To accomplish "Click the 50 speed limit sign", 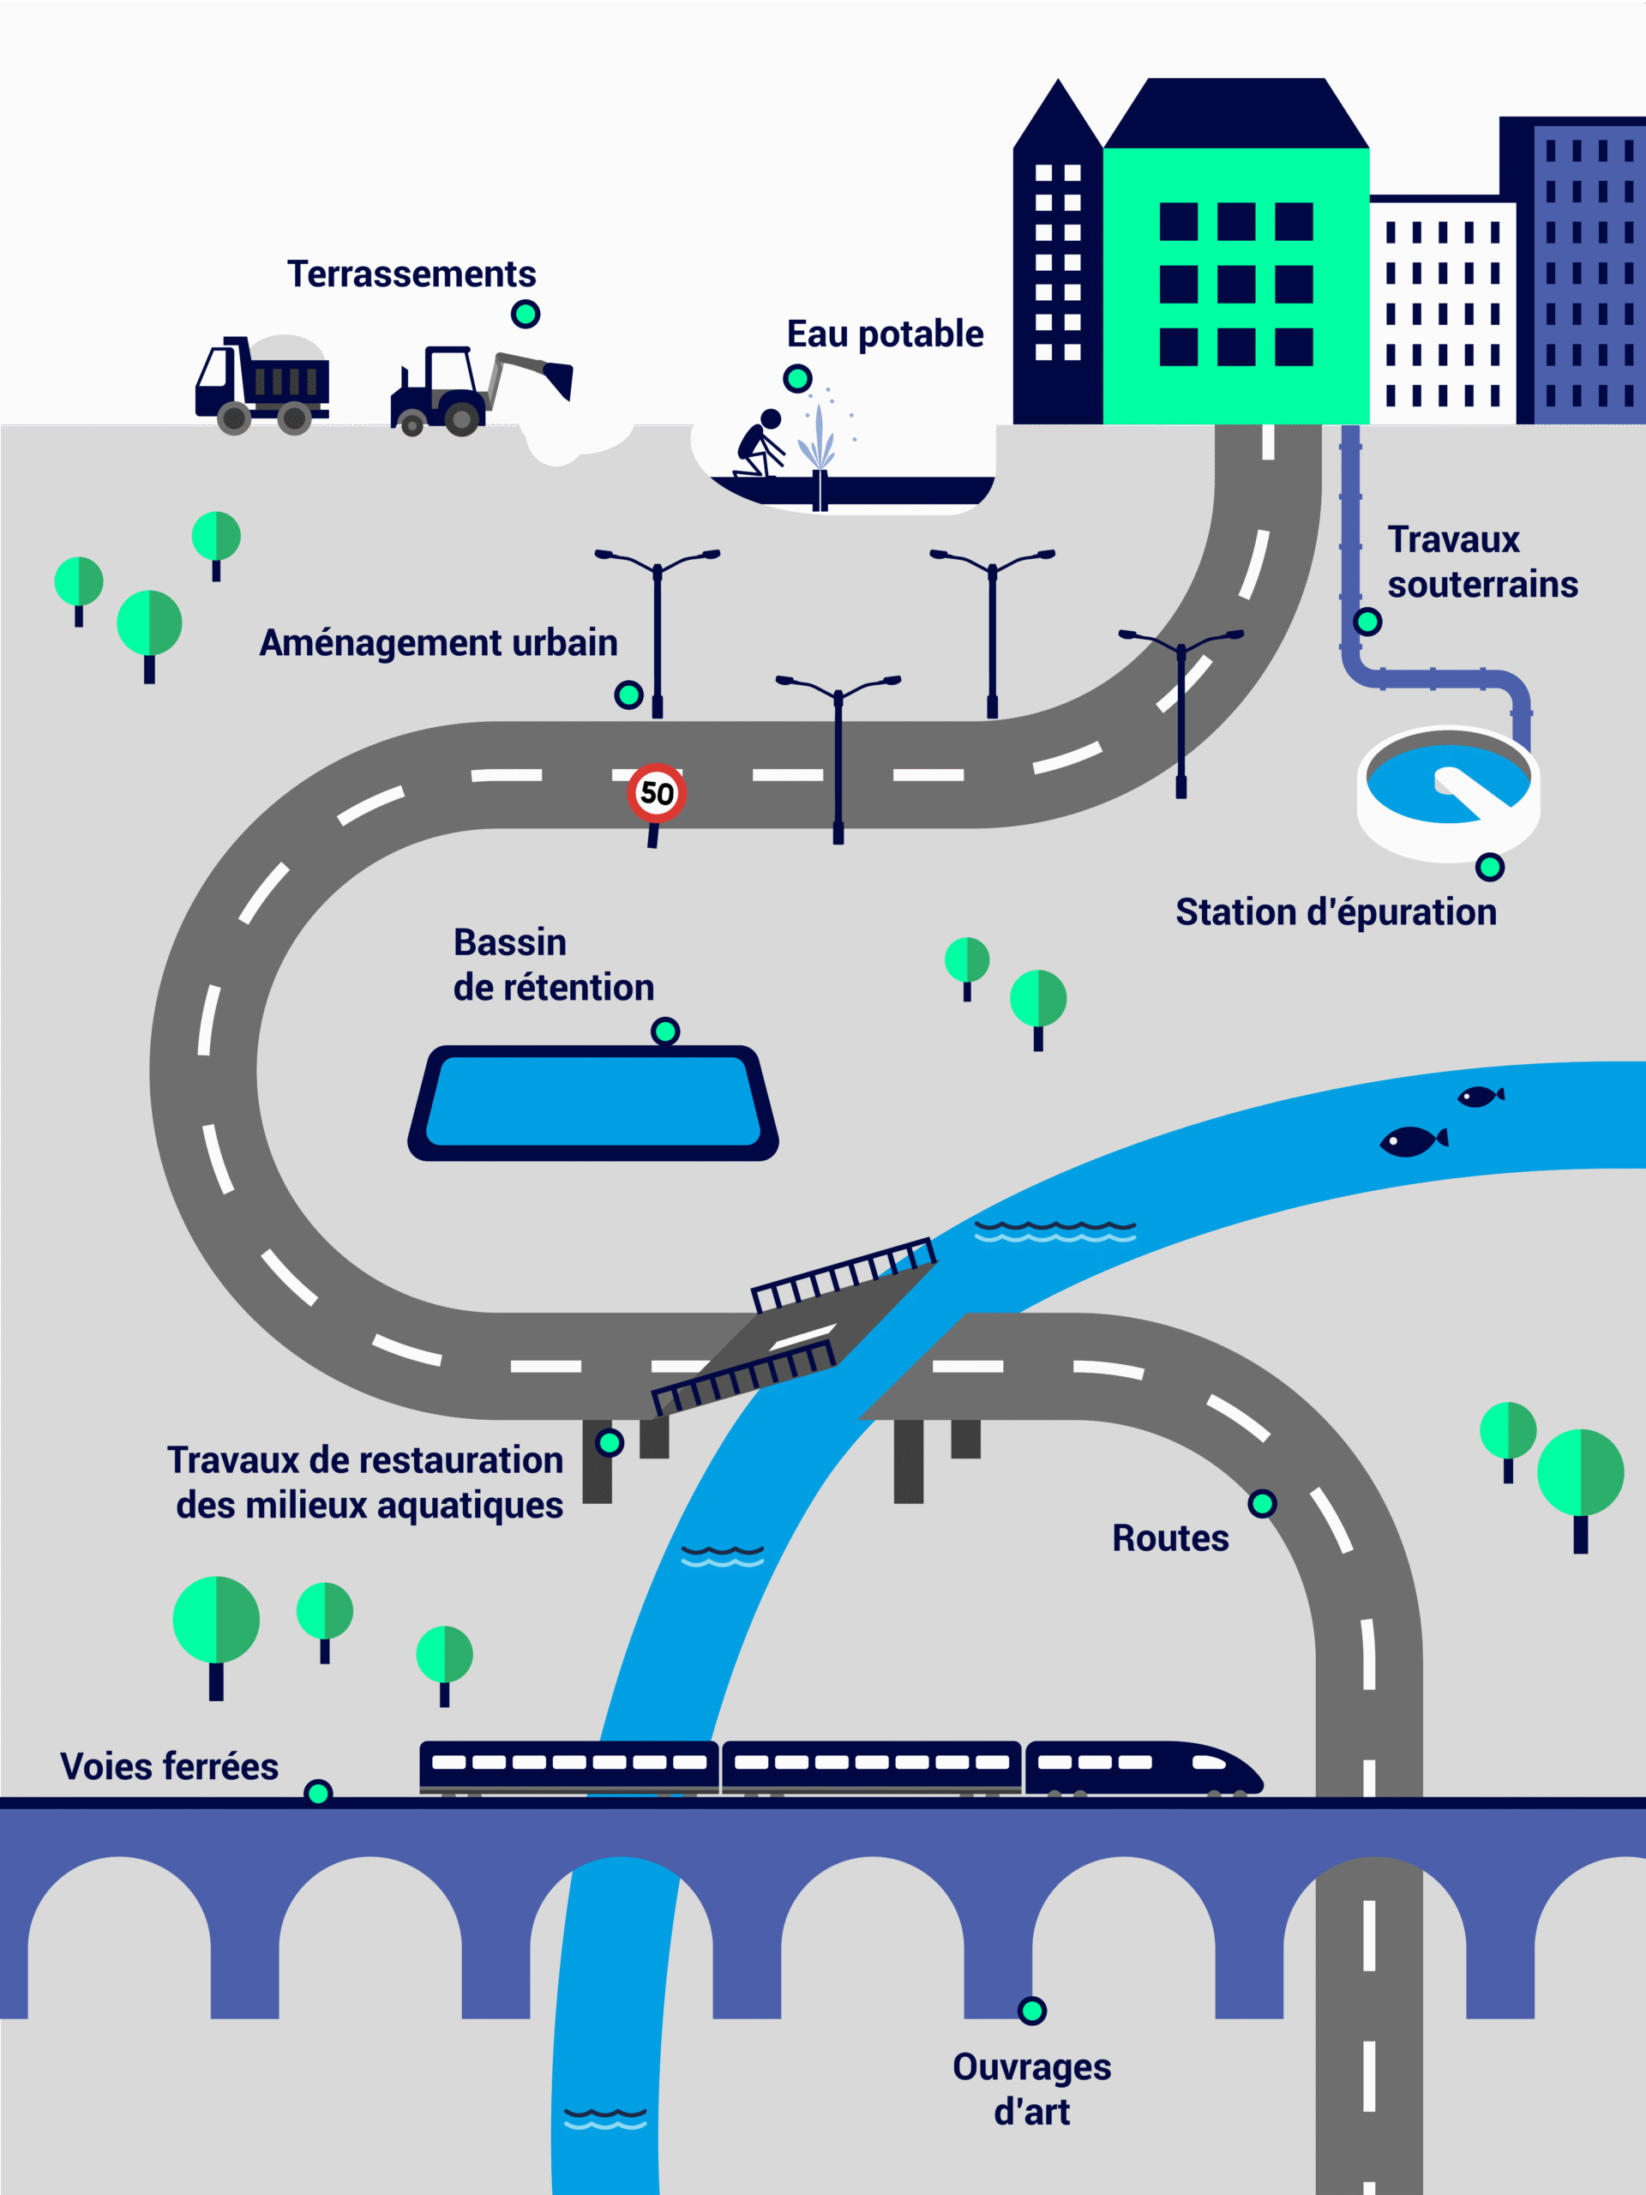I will click(x=656, y=793).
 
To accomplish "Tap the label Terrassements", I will click(x=411, y=274).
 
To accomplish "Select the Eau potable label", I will click(x=885, y=334).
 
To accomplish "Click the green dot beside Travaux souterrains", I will click(x=1367, y=622).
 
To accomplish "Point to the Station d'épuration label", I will click(x=1336, y=912).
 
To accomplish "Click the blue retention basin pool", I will click(x=593, y=1102).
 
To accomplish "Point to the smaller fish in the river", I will click(x=1480, y=1096).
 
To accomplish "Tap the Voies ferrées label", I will click(x=169, y=1767).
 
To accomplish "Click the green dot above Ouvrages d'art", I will click(x=1032, y=2011).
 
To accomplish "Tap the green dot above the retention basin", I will click(x=664, y=1031).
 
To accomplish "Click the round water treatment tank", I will click(x=1448, y=792).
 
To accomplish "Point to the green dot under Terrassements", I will click(x=525, y=315).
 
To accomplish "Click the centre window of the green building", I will click(x=1236, y=285).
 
